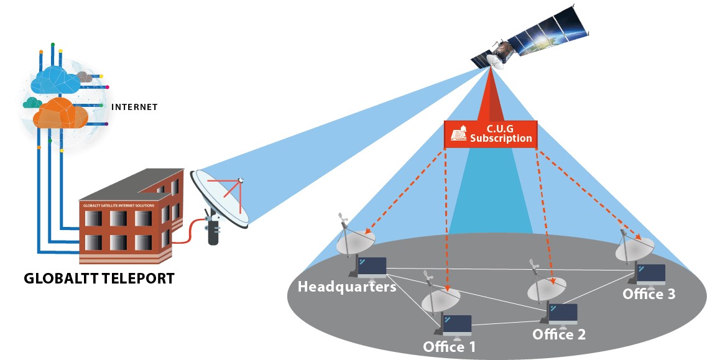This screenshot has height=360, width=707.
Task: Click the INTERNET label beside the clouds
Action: (x=134, y=107)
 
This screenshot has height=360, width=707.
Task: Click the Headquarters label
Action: (x=346, y=287)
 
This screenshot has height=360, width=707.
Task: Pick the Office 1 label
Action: (x=449, y=346)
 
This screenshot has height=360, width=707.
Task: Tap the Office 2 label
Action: (x=559, y=335)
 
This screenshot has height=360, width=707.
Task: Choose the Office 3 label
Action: (x=649, y=294)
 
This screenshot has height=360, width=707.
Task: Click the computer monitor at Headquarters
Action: (x=371, y=267)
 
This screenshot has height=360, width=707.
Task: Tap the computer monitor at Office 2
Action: (x=562, y=313)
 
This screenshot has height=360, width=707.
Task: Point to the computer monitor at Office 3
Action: (x=650, y=274)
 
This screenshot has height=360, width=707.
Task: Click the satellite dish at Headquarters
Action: (x=352, y=242)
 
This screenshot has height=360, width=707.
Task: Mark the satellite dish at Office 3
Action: (x=634, y=249)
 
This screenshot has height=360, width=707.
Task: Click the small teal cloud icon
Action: (x=32, y=102)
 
